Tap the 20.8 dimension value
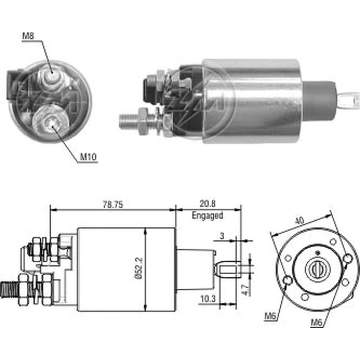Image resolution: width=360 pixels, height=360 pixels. pos(208,203)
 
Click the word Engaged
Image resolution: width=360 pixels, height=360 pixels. pos(207,216)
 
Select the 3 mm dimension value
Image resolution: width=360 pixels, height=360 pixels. pos(222,236)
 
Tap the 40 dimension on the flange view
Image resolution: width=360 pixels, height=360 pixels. pos(299,221)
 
